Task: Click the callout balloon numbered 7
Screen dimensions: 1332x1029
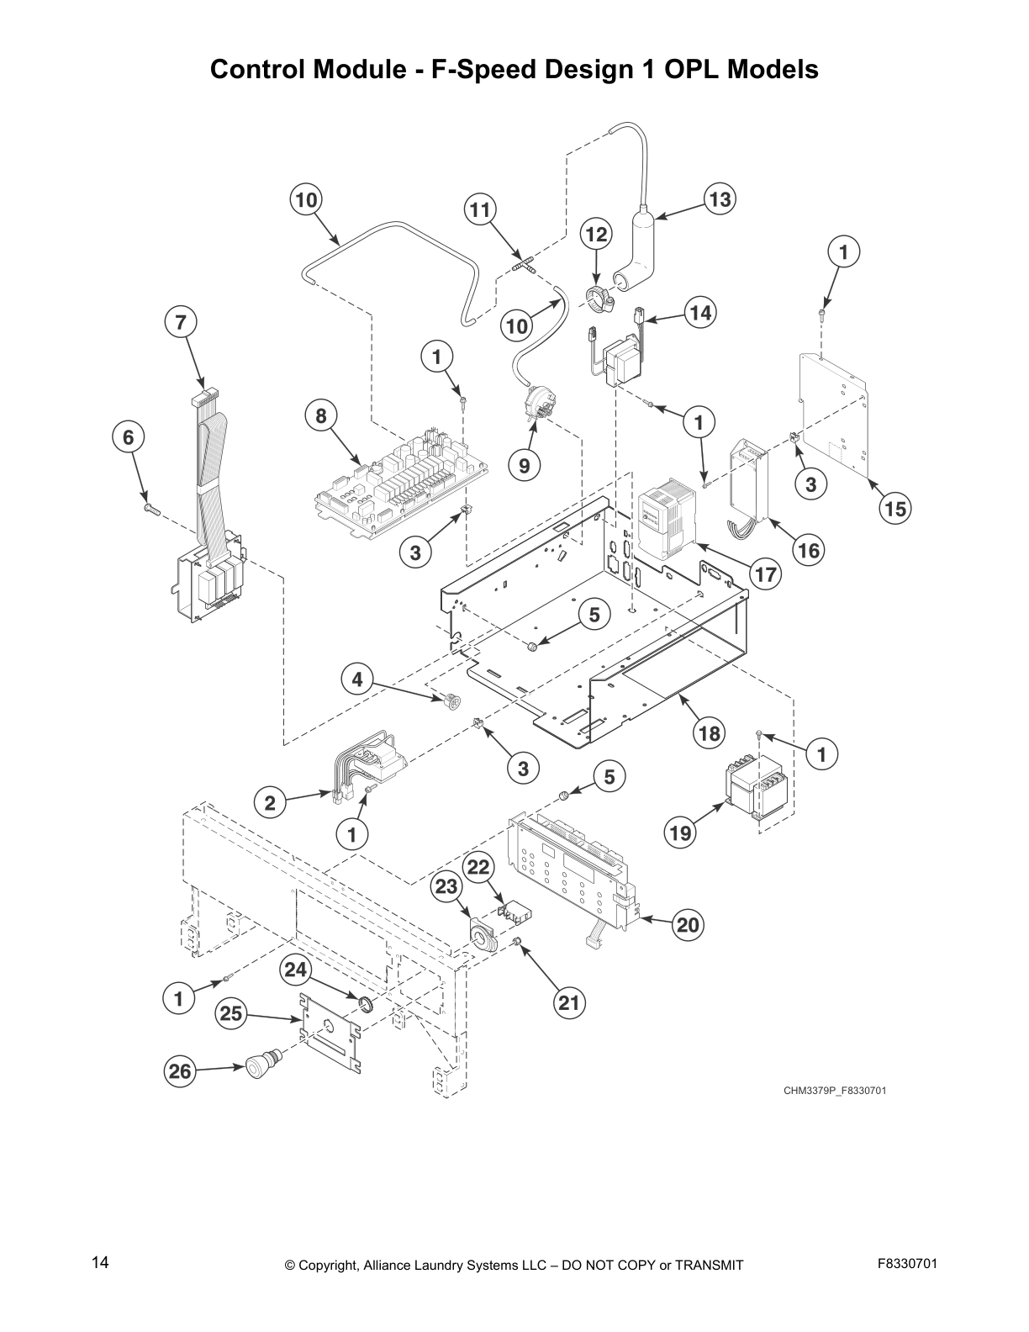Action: pos(181,321)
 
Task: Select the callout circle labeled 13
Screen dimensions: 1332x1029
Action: pos(720,199)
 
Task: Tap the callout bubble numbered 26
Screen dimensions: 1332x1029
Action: pos(179,1071)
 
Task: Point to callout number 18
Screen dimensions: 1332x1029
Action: pos(710,733)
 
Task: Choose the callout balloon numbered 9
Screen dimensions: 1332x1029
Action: pos(524,465)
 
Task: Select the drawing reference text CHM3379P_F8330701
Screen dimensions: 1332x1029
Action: pos(835,1091)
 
